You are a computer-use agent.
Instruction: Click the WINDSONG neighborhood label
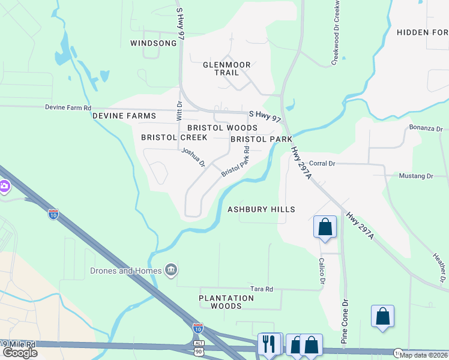[x=154, y=43]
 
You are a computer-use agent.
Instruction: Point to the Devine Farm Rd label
[x=68, y=108]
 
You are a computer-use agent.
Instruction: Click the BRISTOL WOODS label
[x=222, y=128]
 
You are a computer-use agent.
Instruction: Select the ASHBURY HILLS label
[x=261, y=209]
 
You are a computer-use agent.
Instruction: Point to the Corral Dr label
[x=322, y=163]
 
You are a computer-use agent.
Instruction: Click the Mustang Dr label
[x=416, y=176]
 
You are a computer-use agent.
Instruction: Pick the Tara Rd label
[x=262, y=289]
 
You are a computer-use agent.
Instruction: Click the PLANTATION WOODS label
[x=226, y=302]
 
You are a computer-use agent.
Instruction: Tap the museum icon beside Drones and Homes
[x=170, y=271]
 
